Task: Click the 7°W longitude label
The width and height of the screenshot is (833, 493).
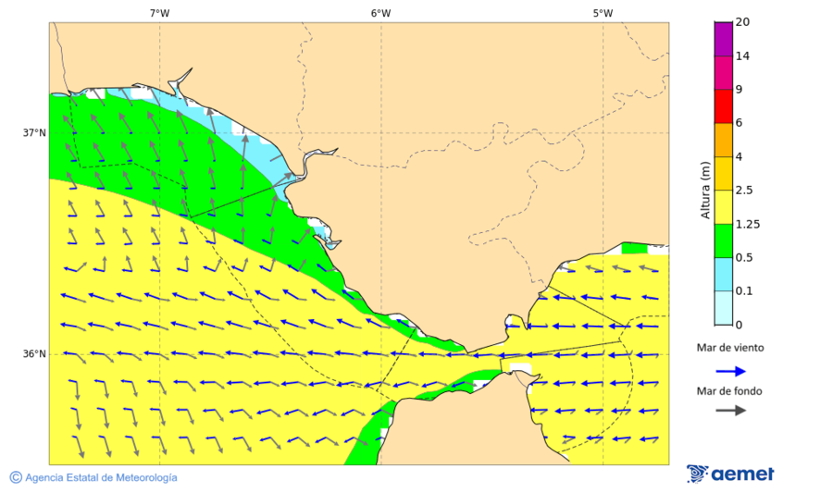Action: pos(159,13)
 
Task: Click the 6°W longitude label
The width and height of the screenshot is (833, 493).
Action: pos(380,13)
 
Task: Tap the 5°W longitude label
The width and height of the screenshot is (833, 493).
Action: pos(603,13)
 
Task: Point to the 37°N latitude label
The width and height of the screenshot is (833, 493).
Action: pos(34,133)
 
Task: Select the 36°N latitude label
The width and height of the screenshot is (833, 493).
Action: pos(34,354)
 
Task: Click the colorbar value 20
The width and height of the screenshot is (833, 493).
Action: pos(742,22)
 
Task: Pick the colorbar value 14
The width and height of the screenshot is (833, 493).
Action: pos(742,55)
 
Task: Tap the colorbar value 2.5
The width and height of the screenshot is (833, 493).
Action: pos(744,191)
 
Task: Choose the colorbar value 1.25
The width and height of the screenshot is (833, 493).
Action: pos(747,224)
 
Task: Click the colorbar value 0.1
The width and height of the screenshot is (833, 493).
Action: pos(744,291)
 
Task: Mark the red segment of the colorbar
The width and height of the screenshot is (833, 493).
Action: pos(724,105)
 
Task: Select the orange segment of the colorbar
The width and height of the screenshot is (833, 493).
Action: pos(724,140)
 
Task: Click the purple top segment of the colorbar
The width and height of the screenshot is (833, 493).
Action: pos(724,38)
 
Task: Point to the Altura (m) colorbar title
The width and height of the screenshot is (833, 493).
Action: pos(705,191)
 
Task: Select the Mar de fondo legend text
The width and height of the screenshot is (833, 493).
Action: pos(730,390)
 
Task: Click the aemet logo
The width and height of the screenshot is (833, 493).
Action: pos(730,474)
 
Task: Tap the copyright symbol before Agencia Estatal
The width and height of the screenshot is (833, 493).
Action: pos(16,477)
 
